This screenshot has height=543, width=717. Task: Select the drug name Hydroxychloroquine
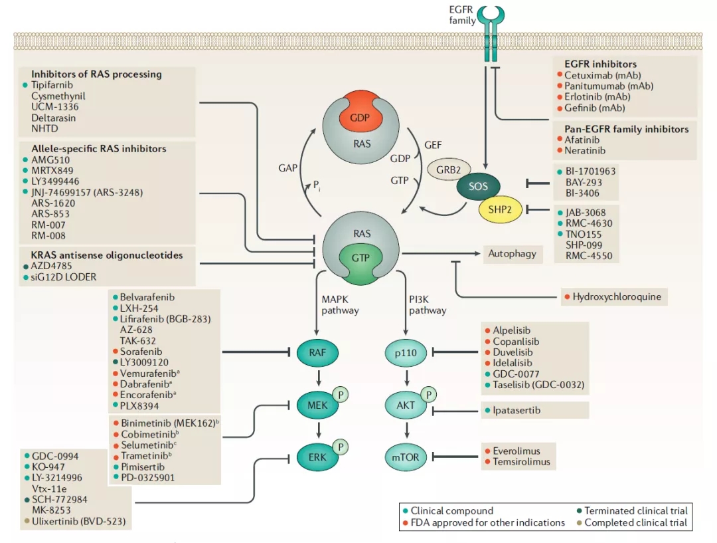pyautogui.click(x=617, y=296)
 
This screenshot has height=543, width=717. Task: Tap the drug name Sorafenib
pyautogui.click(x=141, y=351)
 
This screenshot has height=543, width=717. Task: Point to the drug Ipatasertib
pyautogui.click(x=517, y=411)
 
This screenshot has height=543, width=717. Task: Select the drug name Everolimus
pyautogui.click(x=516, y=451)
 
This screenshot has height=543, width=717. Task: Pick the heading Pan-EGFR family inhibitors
pyautogui.click(x=626, y=129)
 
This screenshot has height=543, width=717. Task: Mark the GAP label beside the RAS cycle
pyautogui.click(x=287, y=169)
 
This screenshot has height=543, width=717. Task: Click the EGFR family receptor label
pyautogui.click(x=462, y=15)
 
